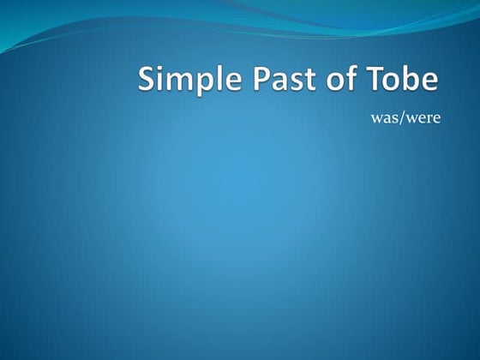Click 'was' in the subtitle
[382, 118]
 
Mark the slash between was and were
[399, 118]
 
